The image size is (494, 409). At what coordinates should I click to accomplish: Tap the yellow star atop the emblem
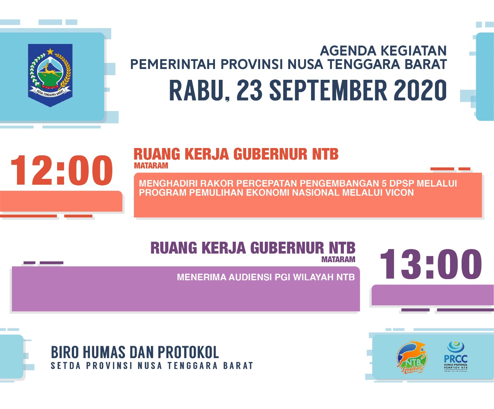[50, 51]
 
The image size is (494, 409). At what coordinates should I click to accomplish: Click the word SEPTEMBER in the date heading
[328, 91]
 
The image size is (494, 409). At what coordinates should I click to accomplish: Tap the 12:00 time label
[62, 170]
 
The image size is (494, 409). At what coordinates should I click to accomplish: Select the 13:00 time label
[431, 264]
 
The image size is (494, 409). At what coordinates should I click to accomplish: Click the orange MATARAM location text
[151, 166]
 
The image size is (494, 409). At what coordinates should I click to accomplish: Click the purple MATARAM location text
[338, 259]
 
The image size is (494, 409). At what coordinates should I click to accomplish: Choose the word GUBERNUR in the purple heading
[287, 248]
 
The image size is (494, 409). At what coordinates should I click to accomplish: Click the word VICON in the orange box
[399, 193]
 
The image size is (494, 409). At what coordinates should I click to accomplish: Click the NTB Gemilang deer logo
[411, 357]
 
